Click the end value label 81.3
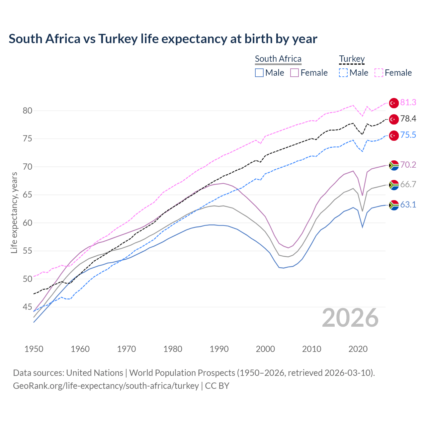point(408,103)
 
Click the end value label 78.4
point(408,119)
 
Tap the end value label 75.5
point(408,135)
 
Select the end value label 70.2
point(408,165)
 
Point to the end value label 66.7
point(408,185)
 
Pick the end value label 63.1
point(408,205)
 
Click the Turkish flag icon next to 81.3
point(394,103)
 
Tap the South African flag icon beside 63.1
point(394,205)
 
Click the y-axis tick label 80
point(28,111)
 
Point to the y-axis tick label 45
point(28,307)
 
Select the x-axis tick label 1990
point(219,349)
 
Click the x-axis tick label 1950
point(34,349)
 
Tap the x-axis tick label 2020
point(358,349)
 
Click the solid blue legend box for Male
point(259,73)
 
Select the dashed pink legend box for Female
point(379,73)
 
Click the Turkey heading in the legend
point(352,59)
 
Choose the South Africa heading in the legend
point(278,59)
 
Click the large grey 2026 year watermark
point(350,318)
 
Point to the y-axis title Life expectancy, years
point(14,212)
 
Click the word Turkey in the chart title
point(118,39)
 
